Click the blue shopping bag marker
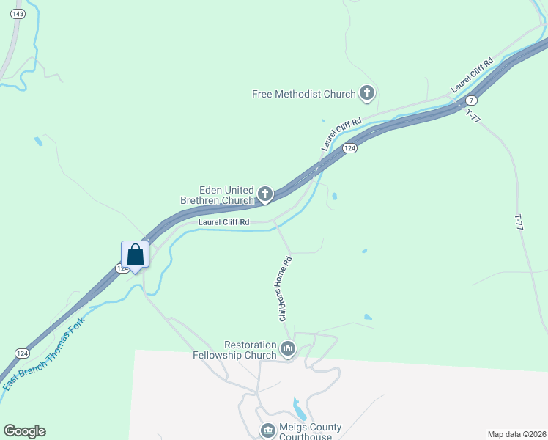[136, 255]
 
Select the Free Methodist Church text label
[303, 94]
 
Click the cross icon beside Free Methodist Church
[367, 93]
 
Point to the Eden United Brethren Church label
[217, 194]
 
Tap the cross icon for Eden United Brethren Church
[265, 194]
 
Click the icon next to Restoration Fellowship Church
[288, 349]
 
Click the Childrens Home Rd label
[286, 288]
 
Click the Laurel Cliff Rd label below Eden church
[224, 221]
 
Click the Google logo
[24, 431]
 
